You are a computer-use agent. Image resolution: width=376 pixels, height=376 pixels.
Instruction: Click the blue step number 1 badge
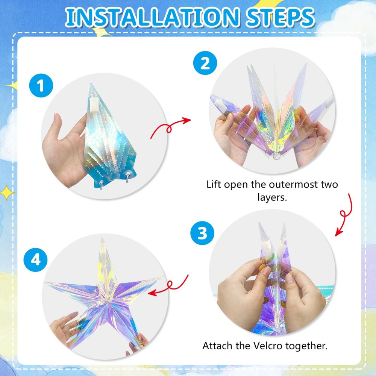pos(41,85)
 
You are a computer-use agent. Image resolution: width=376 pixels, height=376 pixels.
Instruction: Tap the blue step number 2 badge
pos(205,63)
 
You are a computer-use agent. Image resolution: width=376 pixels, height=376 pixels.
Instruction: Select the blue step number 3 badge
pos(202,233)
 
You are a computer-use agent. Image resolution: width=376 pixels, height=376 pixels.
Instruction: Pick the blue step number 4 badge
pos(35,259)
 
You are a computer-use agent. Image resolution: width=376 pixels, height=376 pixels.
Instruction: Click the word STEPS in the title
pos(280,17)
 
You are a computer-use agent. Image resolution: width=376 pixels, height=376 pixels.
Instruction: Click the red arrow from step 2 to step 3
pos(344,215)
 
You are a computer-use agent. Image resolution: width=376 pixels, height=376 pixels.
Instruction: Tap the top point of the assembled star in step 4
pos(102,238)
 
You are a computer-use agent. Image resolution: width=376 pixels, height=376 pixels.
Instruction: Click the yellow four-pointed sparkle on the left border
pos(7,192)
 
